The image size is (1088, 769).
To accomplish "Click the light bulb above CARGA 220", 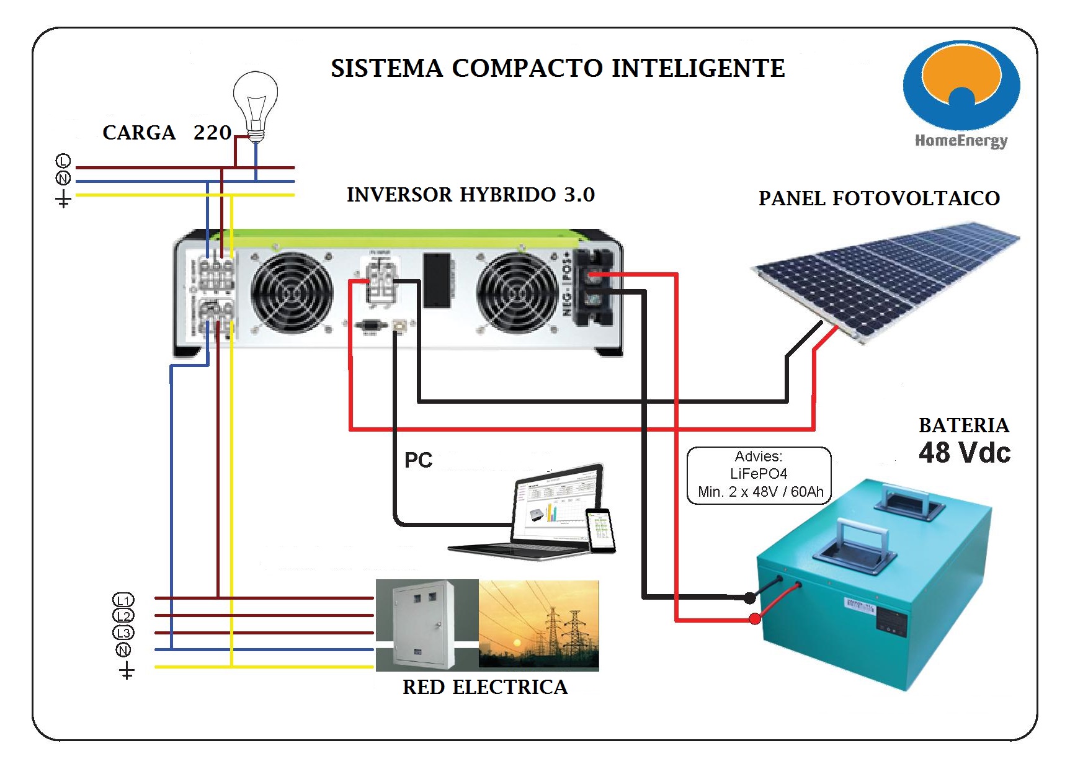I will (255, 102).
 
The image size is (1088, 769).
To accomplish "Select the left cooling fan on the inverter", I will (292, 293).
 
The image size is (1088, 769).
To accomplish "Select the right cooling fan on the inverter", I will (517, 293).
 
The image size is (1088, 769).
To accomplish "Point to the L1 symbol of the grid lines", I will (123, 600).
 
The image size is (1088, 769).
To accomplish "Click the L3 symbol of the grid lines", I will (123, 633).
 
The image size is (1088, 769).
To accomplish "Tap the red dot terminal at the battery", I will (755, 618).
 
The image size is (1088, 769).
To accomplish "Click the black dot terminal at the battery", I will (750, 598).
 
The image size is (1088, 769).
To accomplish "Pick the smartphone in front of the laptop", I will (600, 530).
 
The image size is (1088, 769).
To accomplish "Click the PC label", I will (418, 460).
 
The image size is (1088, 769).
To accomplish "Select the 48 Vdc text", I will (964, 453).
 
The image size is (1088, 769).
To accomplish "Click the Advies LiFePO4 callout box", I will (759, 474).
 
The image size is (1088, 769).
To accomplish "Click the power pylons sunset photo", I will (538, 625).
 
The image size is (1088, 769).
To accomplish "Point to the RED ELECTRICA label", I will (485, 687).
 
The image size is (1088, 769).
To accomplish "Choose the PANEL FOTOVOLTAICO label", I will (879, 198).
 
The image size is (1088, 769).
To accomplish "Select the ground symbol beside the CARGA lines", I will (63, 199).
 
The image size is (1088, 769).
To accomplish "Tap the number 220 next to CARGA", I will (212, 133).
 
